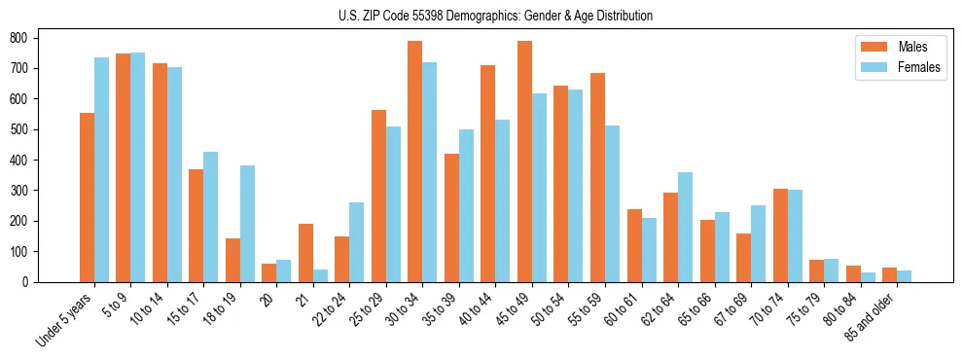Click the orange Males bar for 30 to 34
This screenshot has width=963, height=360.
pyautogui.click(x=415, y=162)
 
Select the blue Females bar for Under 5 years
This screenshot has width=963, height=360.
pyautogui.click(x=101, y=170)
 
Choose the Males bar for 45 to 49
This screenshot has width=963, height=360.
pyautogui.click(x=524, y=162)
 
